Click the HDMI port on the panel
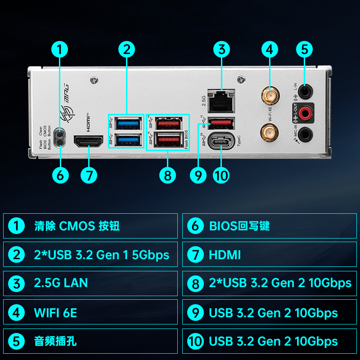tap(89, 142)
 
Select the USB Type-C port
tap(221, 141)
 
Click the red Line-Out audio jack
tap(305, 112)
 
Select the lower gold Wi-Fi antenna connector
tap(270, 132)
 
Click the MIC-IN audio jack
tap(305, 133)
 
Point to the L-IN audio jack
tap(305, 92)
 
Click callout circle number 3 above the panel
tap(221, 49)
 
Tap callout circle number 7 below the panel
tap(89, 175)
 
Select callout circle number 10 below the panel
tap(221, 175)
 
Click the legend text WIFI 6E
tap(55, 312)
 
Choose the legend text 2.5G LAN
tap(61, 283)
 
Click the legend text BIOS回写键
tap(239, 226)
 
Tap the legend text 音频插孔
tap(55, 341)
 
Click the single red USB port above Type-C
tap(221, 122)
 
